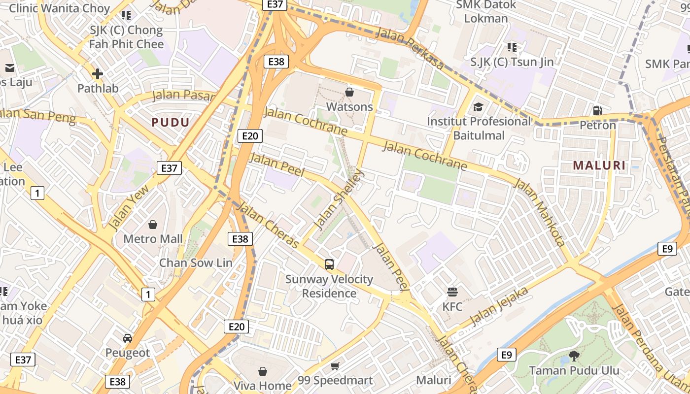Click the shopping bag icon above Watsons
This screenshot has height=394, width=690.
(x=349, y=92)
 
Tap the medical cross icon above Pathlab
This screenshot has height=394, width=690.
(x=98, y=74)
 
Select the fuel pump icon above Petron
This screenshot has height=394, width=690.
(x=597, y=111)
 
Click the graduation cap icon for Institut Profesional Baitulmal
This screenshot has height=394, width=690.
(x=478, y=107)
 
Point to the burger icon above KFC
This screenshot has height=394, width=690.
(x=452, y=292)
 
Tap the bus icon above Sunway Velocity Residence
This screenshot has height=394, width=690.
(x=329, y=264)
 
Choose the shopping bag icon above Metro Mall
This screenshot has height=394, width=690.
(x=153, y=225)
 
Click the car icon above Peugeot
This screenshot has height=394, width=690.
(x=128, y=338)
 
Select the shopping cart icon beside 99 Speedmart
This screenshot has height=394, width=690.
(x=335, y=366)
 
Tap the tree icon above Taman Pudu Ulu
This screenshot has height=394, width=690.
(x=574, y=355)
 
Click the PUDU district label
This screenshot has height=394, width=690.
(x=171, y=123)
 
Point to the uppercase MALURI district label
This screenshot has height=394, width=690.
(x=599, y=165)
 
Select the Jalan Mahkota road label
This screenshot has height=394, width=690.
(x=539, y=212)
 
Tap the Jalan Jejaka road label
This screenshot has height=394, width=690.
(x=499, y=306)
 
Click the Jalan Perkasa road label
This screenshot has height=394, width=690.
(x=410, y=48)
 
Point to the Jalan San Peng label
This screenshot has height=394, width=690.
(x=37, y=116)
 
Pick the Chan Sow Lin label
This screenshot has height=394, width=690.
(x=195, y=263)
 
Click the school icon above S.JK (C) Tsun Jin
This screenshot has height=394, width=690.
(x=512, y=47)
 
